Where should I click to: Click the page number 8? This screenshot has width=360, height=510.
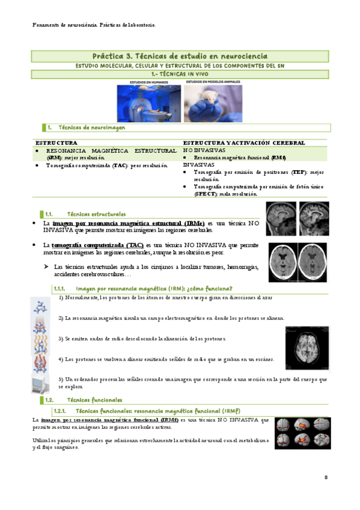(x=326, y=478)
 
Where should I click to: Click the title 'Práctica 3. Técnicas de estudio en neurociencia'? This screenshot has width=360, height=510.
(x=180, y=55)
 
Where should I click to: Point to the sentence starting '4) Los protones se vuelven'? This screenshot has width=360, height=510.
(x=166, y=359)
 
